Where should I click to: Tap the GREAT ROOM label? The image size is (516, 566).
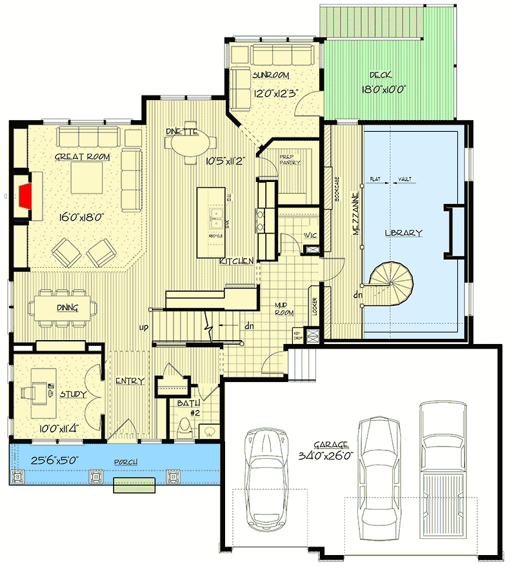click(82, 157)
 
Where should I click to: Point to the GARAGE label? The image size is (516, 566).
click(332, 445)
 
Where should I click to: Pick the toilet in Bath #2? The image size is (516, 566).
click(185, 428)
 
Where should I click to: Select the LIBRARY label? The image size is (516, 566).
click(403, 233)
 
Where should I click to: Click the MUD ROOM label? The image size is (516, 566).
click(284, 309)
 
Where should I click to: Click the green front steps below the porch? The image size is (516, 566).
click(134, 485)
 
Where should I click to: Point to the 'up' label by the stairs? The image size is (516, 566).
click(143, 327)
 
